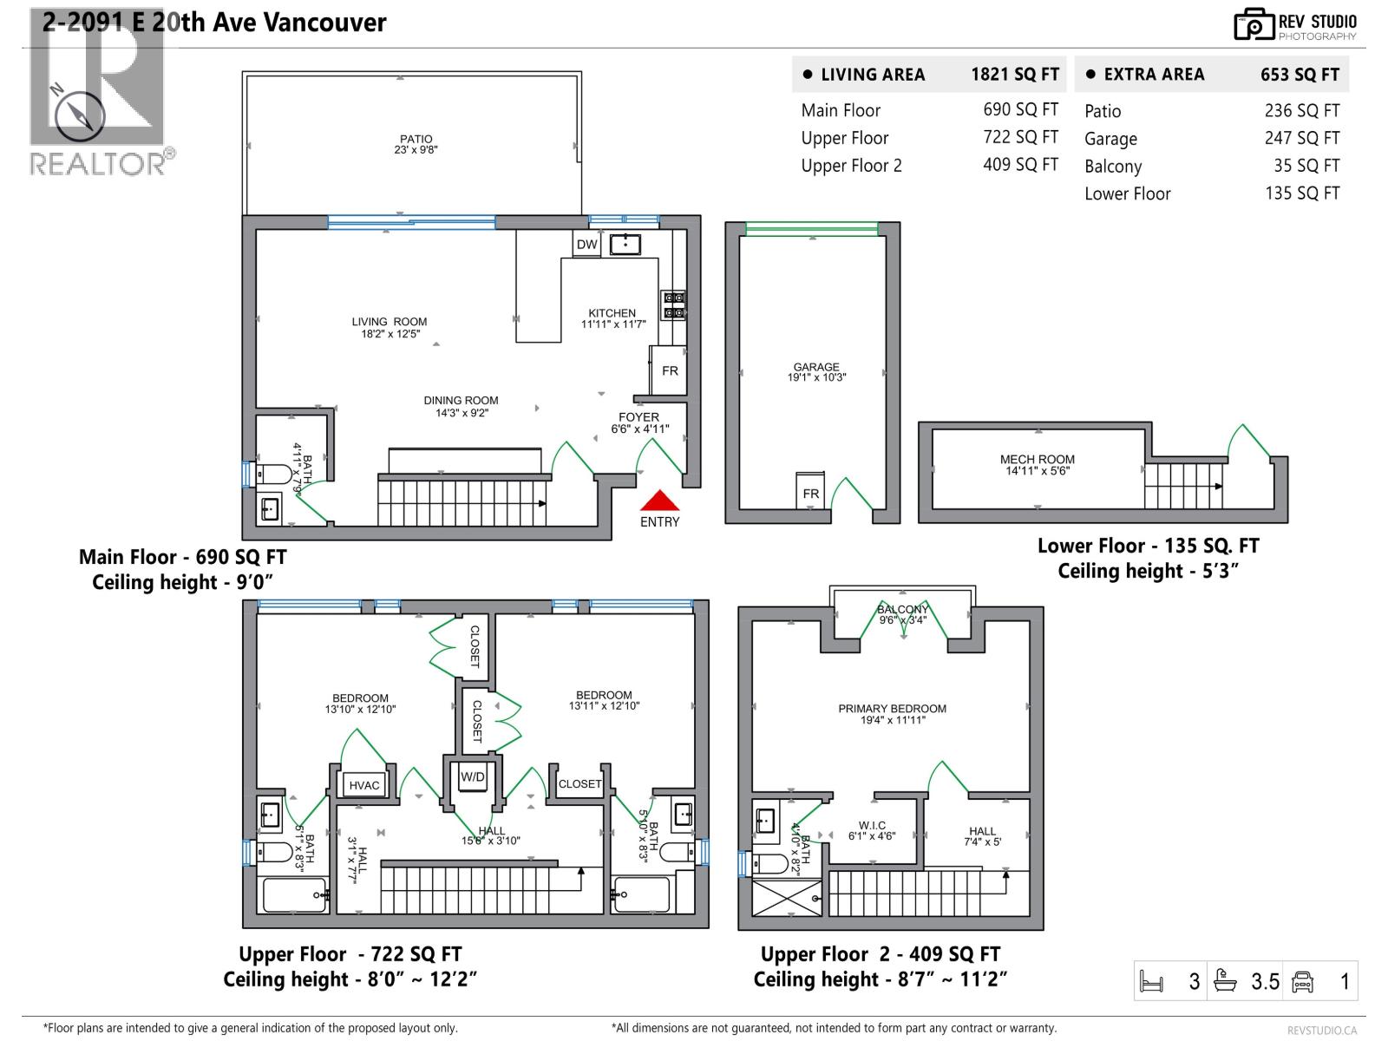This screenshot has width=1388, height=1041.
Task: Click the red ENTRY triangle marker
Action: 659,501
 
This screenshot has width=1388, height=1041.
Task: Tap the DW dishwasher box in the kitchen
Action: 587,245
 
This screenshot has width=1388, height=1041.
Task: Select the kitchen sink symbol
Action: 625,244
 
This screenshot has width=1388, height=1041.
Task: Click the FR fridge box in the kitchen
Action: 670,370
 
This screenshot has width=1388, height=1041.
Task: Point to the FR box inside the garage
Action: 810,493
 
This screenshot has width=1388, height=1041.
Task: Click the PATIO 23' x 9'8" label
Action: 416,144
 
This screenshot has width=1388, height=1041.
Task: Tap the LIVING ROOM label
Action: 390,327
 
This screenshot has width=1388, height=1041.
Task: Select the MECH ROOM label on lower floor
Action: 1038,465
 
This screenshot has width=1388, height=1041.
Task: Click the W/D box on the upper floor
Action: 473,777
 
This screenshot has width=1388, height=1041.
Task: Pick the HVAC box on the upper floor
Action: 364,785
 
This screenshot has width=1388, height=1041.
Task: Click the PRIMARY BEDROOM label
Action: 892,713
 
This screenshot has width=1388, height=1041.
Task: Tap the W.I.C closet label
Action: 872,831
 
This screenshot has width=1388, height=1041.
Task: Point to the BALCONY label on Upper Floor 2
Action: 902,614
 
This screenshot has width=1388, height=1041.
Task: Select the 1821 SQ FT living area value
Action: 1015,75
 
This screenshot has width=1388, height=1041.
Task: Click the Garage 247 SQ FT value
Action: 1301,138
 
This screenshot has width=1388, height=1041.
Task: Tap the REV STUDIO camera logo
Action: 1254,25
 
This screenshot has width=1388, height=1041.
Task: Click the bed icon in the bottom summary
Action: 1151,982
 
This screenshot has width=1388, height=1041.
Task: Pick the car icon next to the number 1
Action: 1303,981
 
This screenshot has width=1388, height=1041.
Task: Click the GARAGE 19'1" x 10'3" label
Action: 816,372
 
